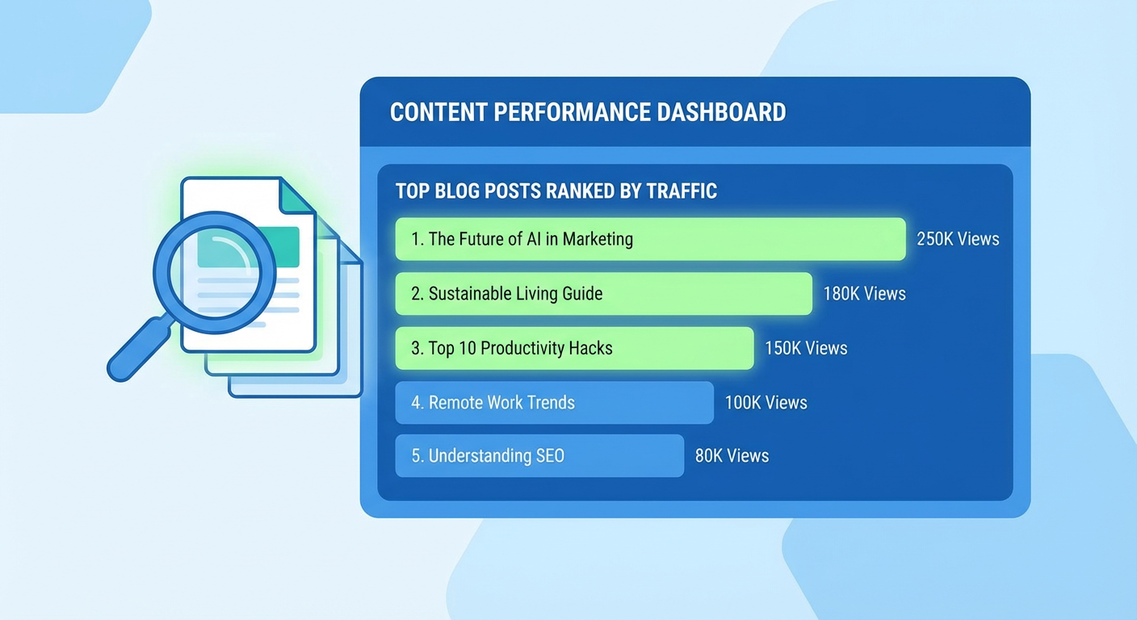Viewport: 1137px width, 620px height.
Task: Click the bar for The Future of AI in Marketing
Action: click(x=650, y=239)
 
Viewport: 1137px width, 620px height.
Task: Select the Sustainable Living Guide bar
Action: click(x=603, y=294)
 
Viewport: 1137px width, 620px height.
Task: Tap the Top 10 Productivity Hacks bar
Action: click(x=575, y=348)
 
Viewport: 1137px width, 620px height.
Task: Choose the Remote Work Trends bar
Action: click(x=554, y=403)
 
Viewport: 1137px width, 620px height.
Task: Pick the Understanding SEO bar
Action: click(x=539, y=455)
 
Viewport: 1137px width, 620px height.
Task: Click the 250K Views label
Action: click(x=958, y=239)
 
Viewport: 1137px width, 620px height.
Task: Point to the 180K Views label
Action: click(x=864, y=294)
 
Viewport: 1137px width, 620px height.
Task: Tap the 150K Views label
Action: click(x=806, y=348)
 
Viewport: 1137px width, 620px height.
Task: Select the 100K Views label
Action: click(x=766, y=403)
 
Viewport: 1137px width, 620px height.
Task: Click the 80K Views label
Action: click(x=732, y=455)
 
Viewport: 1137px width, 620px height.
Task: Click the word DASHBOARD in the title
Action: click(x=721, y=112)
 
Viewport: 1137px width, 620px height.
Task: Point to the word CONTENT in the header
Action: click(x=438, y=112)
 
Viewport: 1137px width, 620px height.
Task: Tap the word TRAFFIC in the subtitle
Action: click(x=682, y=191)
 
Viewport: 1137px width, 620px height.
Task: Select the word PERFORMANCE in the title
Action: click(x=572, y=112)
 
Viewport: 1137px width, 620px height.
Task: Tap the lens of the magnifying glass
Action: click(x=215, y=273)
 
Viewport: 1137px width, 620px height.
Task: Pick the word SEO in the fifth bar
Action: click(x=550, y=455)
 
